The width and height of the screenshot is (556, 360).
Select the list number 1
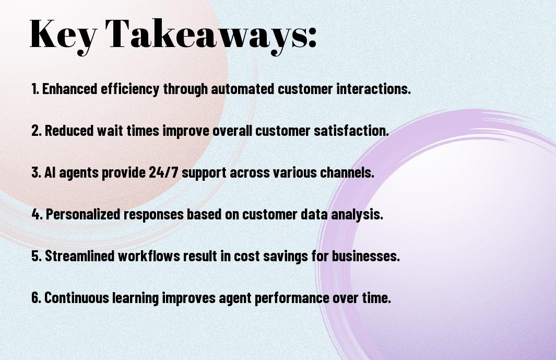tap(35, 89)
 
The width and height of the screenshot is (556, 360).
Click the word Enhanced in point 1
tap(70, 89)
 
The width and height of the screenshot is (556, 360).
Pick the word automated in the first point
tap(243, 89)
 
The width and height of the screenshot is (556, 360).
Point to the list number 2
tap(37, 131)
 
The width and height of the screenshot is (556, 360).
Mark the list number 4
tap(37, 214)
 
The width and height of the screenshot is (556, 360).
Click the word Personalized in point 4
tap(83, 215)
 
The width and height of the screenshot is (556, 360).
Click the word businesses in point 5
tap(365, 256)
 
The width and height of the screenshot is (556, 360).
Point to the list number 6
tap(37, 297)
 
